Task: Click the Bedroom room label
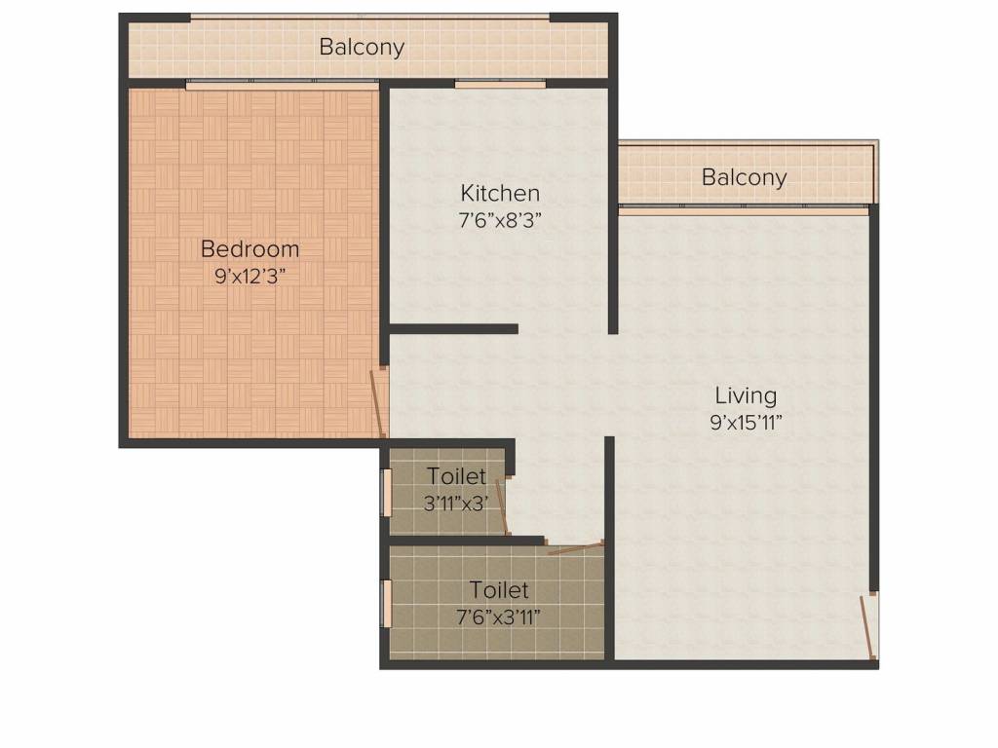tap(249, 248)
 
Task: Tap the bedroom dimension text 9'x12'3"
tap(249, 277)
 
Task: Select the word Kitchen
tap(500, 193)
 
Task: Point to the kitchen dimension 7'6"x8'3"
tap(500, 221)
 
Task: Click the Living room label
tap(746, 396)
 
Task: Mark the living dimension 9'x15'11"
tap(746, 423)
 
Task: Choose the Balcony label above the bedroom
tap(362, 47)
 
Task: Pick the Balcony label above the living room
tap(744, 177)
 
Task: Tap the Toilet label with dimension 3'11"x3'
tap(456, 475)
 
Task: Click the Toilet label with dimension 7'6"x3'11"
tap(499, 589)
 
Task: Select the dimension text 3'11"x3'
tap(456, 504)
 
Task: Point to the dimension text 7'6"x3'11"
tap(499, 617)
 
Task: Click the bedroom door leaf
tap(378, 402)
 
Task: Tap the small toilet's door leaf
tap(502, 506)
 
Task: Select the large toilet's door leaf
tap(575, 547)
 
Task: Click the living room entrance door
tap(866, 627)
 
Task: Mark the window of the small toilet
tap(386, 492)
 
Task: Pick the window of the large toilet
tap(386, 604)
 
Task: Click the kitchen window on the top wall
tap(500, 84)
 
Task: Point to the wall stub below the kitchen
tap(453, 329)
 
